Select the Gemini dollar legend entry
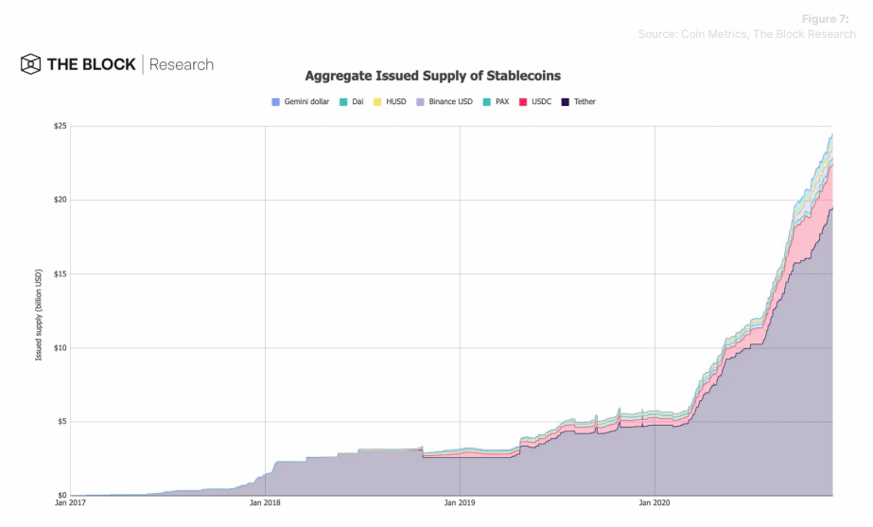click(301, 101)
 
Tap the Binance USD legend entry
click(445, 101)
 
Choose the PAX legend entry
click(498, 101)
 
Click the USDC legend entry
click(536, 101)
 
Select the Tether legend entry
click(579, 101)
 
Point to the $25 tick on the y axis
click(59, 127)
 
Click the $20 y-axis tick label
click(59, 201)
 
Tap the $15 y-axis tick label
click(59, 274)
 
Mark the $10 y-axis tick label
click(59, 348)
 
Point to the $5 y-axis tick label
click(61, 422)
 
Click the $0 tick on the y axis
click(61, 495)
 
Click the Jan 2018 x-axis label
click(265, 503)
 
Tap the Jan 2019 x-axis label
click(460, 503)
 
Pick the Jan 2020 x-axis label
click(655, 503)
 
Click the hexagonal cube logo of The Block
click(31, 64)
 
